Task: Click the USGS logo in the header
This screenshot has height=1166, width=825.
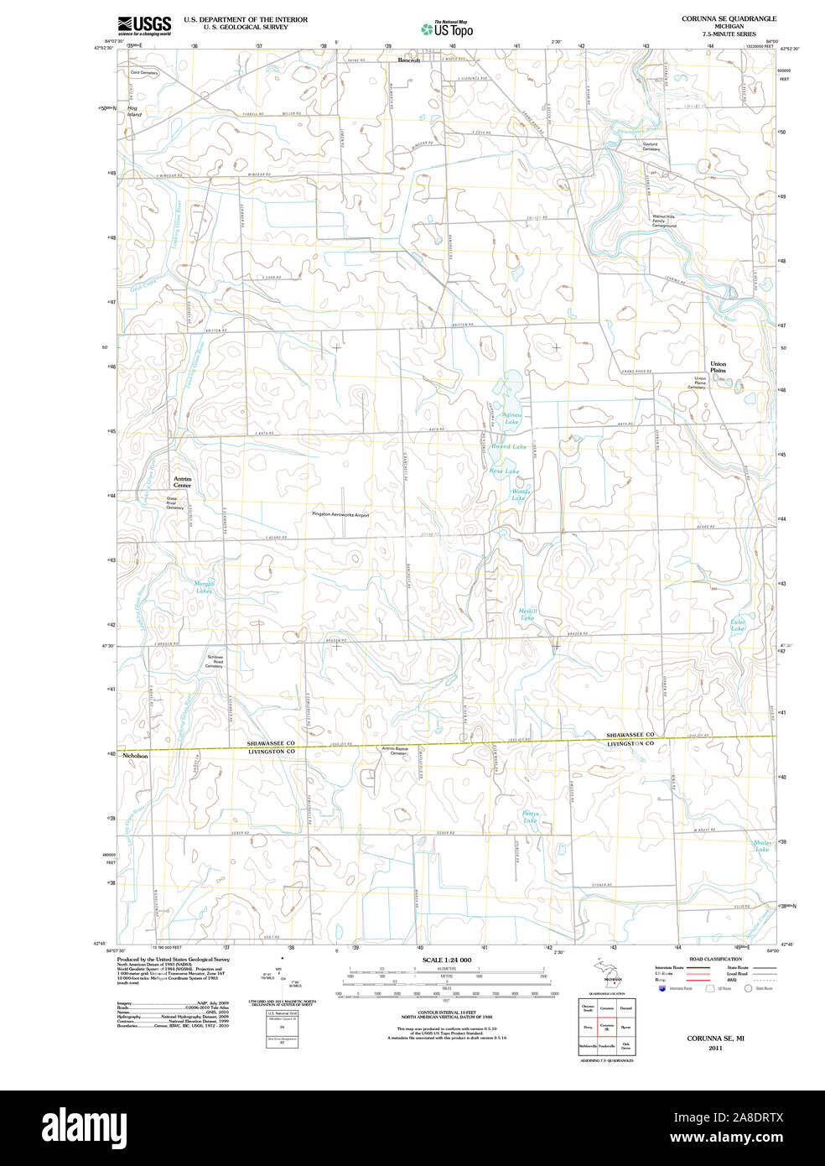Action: tap(144, 24)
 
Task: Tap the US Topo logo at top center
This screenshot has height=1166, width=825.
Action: tap(447, 29)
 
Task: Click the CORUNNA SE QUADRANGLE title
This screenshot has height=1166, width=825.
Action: tap(729, 18)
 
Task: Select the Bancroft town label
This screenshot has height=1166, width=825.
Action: tap(408, 60)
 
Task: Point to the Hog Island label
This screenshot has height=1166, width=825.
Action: tap(134, 112)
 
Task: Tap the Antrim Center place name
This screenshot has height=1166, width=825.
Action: tap(182, 482)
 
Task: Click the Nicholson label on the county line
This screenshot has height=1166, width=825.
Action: tap(135, 756)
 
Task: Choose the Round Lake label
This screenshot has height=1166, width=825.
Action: tap(509, 447)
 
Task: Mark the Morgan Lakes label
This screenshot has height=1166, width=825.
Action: tap(204, 587)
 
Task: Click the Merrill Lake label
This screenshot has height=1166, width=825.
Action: tap(527, 614)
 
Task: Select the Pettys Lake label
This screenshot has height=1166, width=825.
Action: tap(530, 816)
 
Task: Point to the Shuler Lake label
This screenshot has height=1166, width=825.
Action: tap(762, 846)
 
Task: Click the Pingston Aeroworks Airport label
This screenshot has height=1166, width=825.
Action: tap(340, 514)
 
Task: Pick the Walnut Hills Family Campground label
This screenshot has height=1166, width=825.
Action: tap(664, 221)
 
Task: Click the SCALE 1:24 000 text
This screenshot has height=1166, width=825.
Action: tap(447, 960)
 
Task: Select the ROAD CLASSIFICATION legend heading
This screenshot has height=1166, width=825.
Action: tap(715, 959)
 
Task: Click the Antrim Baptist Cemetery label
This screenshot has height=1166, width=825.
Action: tap(394, 751)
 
